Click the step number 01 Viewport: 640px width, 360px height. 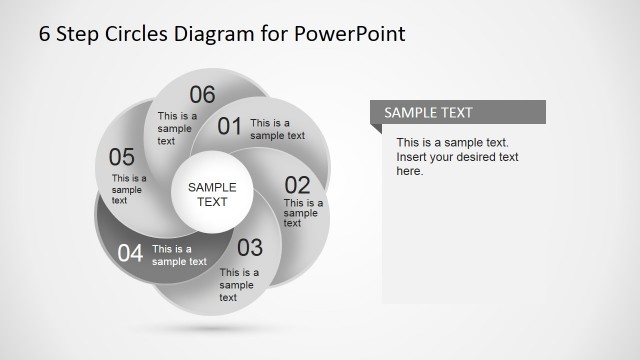(x=230, y=126)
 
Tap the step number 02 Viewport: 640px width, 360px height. (x=298, y=185)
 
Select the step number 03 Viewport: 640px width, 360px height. (x=250, y=247)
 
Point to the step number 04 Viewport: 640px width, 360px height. (x=130, y=253)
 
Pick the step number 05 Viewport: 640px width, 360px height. (x=121, y=157)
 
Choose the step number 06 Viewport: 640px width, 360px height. (x=202, y=95)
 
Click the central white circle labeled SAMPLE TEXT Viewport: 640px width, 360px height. (x=212, y=194)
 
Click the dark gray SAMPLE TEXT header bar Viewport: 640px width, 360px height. (x=458, y=112)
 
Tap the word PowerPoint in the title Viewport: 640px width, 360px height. (x=350, y=33)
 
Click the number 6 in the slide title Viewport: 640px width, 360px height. (x=45, y=33)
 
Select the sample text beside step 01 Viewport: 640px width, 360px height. (x=277, y=129)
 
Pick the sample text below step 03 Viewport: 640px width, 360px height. (x=239, y=284)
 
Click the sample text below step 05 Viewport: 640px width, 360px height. (x=128, y=189)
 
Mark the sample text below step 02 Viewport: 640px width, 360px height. (x=302, y=212)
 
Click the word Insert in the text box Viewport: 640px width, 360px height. (x=413, y=157)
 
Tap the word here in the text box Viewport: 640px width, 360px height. (x=410, y=171)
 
